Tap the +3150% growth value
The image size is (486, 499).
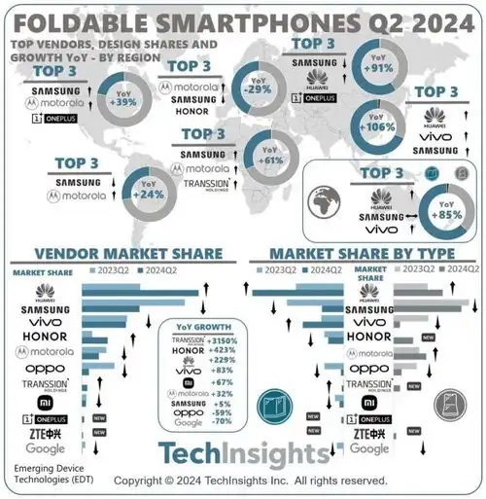(223, 340)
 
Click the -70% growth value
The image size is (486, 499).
(223, 422)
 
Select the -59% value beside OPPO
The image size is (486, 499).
(223, 412)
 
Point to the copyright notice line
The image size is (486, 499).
(251, 481)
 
